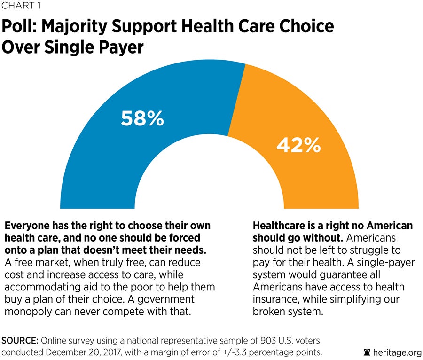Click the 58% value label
pyautogui.click(x=142, y=118)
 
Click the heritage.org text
pyautogui.click(x=395, y=351)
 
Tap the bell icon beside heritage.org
pyautogui.click(x=368, y=351)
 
